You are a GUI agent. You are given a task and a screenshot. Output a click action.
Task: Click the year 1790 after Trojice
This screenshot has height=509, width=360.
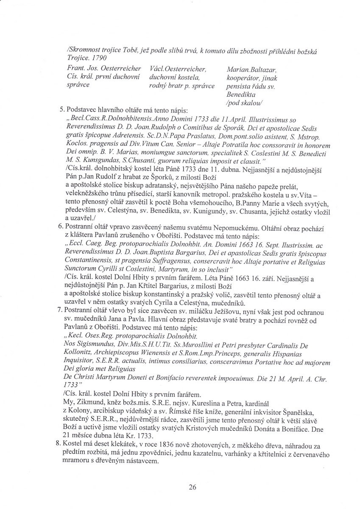click(97, 58)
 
